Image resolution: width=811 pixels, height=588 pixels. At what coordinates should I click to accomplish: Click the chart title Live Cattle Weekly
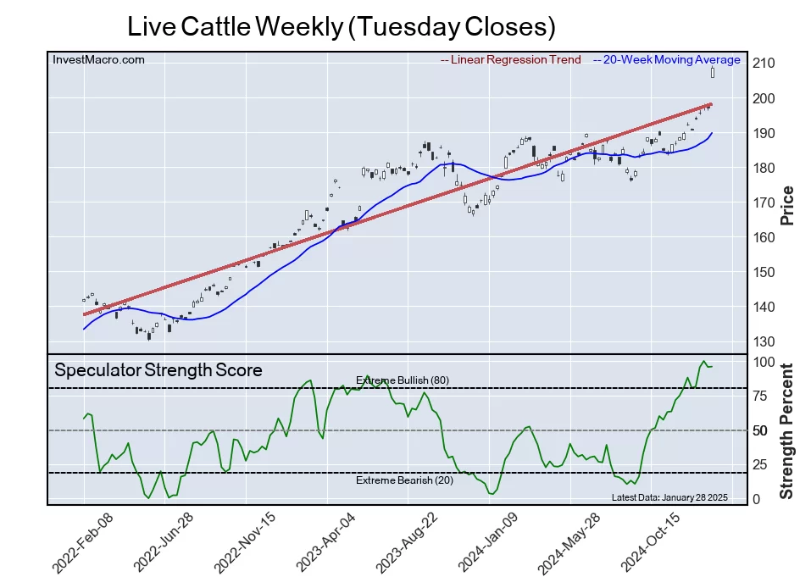tap(341, 26)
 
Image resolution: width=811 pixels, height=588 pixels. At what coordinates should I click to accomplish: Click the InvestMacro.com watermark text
tap(98, 59)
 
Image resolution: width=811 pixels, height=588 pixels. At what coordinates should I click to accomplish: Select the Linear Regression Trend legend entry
tap(511, 60)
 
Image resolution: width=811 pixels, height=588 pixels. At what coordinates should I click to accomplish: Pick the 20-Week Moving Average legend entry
tap(666, 60)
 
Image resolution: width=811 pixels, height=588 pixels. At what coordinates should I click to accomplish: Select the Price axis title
tap(786, 204)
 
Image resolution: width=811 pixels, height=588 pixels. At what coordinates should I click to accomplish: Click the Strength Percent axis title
tap(786, 430)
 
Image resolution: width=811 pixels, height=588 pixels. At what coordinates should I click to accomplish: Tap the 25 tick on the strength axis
tap(760, 465)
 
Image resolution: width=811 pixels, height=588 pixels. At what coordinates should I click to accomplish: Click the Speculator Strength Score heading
tap(158, 370)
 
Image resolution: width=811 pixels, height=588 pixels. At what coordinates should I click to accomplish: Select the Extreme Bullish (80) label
tap(402, 380)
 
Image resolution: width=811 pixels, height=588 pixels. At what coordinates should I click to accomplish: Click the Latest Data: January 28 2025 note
tap(669, 497)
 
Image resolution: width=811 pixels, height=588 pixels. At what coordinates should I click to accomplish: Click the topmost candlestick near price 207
tap(713, 73)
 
